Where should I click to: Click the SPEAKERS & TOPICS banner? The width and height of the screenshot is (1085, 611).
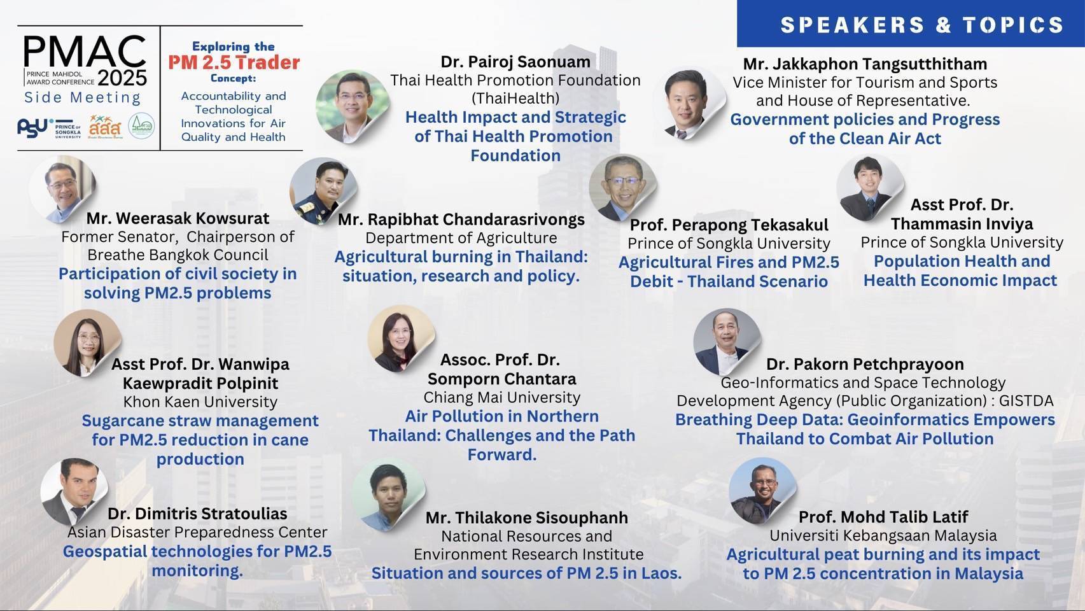click(x=911, y=24)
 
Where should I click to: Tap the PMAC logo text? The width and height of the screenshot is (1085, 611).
click(x=85, y=52)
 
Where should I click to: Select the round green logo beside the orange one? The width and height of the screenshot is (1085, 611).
click(x=141, y=126)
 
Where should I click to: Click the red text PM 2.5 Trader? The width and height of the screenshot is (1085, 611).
click(x=234, y=62)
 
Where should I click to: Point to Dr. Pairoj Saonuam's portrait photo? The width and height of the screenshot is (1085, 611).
click(x=352, y=106)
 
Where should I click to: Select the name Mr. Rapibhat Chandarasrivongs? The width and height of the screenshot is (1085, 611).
click(x=461, y=220)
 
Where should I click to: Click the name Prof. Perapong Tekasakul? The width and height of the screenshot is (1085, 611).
click(x=729, y=225)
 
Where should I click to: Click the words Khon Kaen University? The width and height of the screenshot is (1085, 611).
click(x=200, y=402)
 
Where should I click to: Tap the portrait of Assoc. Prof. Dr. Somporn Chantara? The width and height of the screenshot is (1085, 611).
click(x=401, y=339)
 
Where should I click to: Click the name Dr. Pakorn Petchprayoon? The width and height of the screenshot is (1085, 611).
click(x=865, y=364)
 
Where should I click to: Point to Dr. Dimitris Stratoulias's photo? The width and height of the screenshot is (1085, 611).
click(x=74, y=492)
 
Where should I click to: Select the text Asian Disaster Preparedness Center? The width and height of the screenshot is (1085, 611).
click(x=197, y=532)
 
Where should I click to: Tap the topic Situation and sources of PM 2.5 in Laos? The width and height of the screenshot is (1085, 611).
click(x=526, y=573)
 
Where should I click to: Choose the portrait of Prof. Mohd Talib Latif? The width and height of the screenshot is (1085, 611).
click(x=762, y=491)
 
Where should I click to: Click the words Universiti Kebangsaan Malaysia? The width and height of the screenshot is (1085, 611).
click(x=883, y=535)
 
